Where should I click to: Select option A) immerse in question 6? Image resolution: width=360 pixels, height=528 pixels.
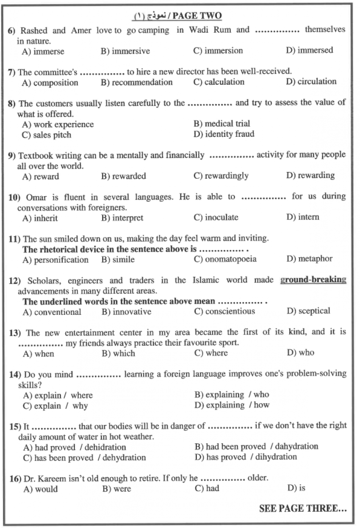[43, 52]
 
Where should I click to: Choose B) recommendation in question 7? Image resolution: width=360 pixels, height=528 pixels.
[136, 82]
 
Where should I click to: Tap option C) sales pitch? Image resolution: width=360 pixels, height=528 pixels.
[47, 135]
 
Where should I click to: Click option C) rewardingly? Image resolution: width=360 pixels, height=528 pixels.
[221, 176]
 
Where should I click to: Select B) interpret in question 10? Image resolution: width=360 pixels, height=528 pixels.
[122, 218]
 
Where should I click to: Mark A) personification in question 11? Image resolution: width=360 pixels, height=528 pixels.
[55, 259]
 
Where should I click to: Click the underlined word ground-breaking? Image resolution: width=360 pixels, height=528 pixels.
[313, 280]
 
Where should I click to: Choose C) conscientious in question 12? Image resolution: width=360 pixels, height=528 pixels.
[224, 311]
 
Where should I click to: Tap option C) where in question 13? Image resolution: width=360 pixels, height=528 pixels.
[211, 353]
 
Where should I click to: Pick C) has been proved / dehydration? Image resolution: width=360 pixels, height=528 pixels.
[85, 458]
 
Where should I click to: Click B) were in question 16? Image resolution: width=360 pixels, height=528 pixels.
[116, 489]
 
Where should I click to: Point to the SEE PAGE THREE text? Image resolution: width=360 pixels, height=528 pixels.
[302, 509]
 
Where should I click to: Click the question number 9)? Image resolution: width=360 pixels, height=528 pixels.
[12, 156]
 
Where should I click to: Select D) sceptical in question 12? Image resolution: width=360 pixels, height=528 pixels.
[308, 311]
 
